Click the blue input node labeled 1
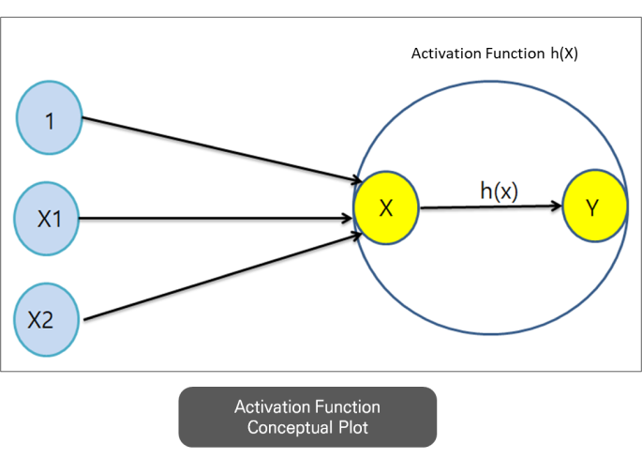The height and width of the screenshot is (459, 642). pos(49,117)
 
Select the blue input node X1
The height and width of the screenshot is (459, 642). pos(47,219)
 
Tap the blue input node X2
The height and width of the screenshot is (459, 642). pos(46,319)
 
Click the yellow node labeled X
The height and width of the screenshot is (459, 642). pos(386,207)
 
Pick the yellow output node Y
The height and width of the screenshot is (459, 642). pos(595,206)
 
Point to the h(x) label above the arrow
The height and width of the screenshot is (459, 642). pos(500,191)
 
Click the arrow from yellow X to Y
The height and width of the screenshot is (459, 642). pos(491,207)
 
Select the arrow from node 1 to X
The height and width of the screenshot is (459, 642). pos(222,149)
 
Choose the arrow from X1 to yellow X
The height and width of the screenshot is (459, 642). pos(216,218)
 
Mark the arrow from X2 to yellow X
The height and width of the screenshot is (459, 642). pos(223,277)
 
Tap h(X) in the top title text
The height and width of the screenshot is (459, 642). pos(564,54)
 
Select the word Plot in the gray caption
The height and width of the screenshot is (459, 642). pos(353,427)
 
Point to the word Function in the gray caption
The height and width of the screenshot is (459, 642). pos(349,407)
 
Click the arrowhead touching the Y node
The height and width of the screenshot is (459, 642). pos(557,206)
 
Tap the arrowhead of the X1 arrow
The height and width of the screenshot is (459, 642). pos(347,218)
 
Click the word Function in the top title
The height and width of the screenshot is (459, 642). pos(515,54)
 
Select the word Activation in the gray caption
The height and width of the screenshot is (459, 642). pos(273,407)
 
